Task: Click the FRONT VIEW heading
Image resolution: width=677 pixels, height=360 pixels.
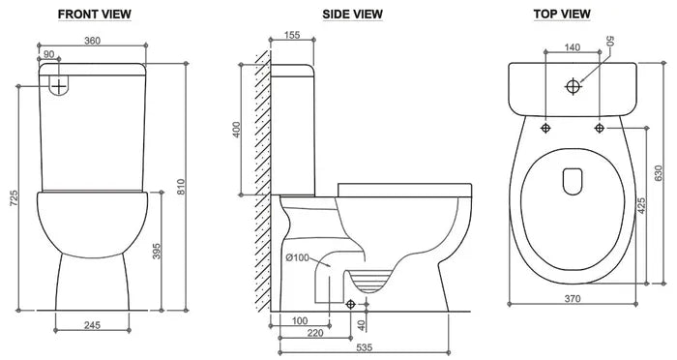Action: click(95, 15)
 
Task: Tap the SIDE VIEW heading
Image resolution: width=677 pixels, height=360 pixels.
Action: click(352, 15)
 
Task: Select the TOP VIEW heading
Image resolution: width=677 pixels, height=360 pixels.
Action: click(562, 15)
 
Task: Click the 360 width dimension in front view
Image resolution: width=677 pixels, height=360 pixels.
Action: click(92, 41)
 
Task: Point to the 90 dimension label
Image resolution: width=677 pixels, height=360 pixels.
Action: click(49, 54)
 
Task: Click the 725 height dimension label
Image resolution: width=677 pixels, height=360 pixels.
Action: click(15, 198)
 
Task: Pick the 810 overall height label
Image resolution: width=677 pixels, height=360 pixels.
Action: click(181, 187)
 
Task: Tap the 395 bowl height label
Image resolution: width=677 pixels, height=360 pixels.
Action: click(157, 251)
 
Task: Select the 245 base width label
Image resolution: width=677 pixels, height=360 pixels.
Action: click(92, 325)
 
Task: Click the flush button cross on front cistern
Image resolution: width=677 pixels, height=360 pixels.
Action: click(59, 86)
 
